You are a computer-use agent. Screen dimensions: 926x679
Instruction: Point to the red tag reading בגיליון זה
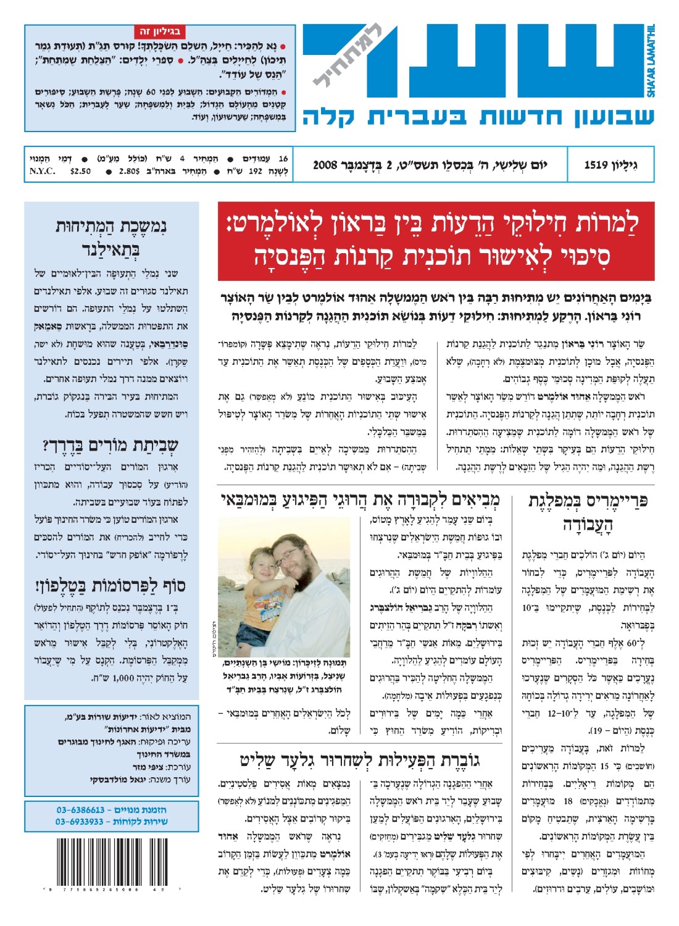pos(159,31)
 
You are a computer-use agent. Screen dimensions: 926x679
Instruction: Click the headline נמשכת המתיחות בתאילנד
pos(111,237)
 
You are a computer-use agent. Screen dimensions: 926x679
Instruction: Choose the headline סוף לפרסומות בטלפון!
pos(111,585)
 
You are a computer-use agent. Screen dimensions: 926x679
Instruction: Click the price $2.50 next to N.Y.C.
pos(80,171)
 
